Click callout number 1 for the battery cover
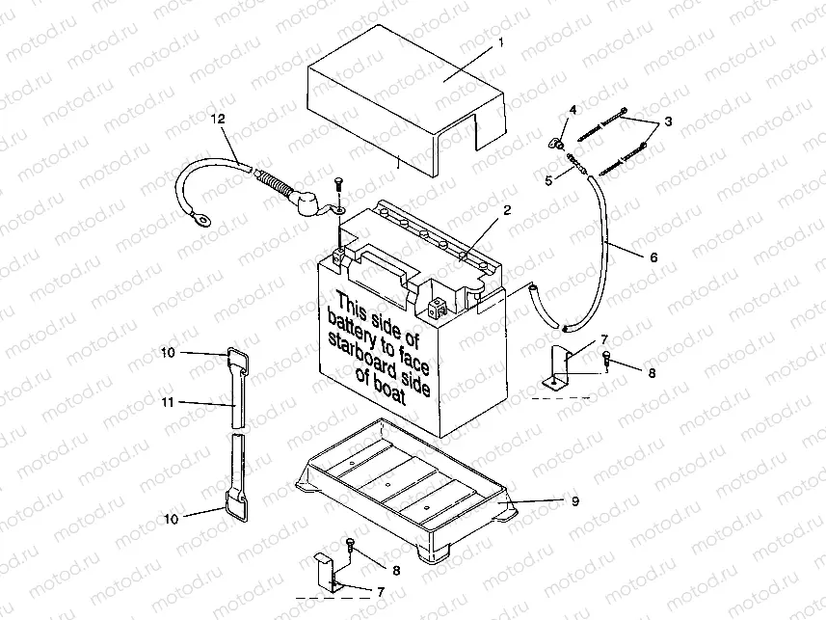click(501, 43)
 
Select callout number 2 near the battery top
click(506, 209)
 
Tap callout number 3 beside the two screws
click(669, 123)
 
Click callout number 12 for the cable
click(218, 119)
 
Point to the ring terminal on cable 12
click(203, 219)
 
